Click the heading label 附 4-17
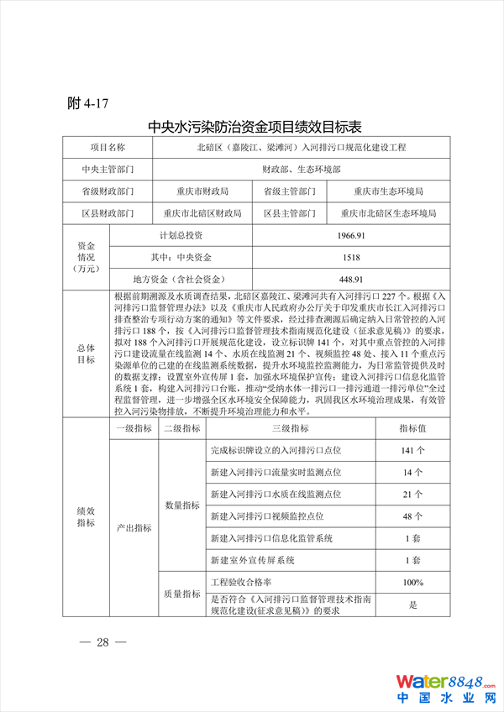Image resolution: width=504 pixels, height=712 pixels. point(87,103)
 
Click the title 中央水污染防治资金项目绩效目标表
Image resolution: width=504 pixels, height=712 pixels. point(255,127)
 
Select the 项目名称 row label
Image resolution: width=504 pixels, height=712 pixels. point(108,148)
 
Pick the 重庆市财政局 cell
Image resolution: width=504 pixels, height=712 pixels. point(202,191)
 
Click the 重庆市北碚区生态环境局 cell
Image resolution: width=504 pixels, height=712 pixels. point(388,213)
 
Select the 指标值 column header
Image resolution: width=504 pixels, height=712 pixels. point(412,428)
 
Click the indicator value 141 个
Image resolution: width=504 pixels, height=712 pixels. point(412,451)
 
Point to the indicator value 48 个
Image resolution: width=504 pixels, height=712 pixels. point(412,516)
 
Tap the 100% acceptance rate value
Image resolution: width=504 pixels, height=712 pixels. point(412,582)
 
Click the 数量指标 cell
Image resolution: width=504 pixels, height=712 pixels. point(181,505)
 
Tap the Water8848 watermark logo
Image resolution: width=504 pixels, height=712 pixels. point(446,686)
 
